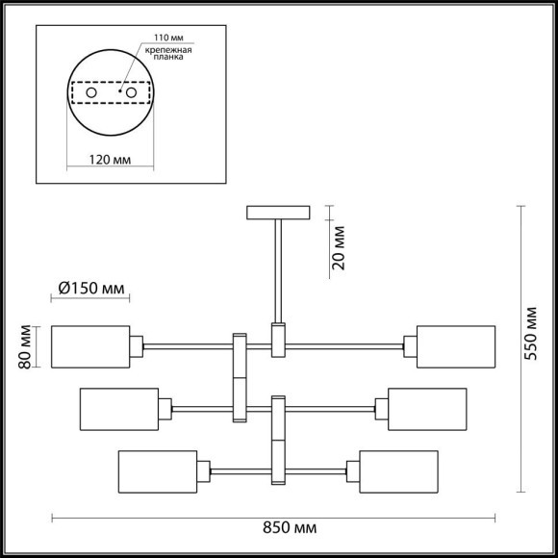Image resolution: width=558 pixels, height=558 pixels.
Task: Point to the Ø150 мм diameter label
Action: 90,288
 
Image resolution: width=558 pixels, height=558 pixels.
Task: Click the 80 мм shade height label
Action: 27,347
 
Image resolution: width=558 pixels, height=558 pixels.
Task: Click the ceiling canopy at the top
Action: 278,212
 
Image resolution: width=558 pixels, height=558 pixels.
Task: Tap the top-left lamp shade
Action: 89,347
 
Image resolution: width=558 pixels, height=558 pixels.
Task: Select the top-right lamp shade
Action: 457,347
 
